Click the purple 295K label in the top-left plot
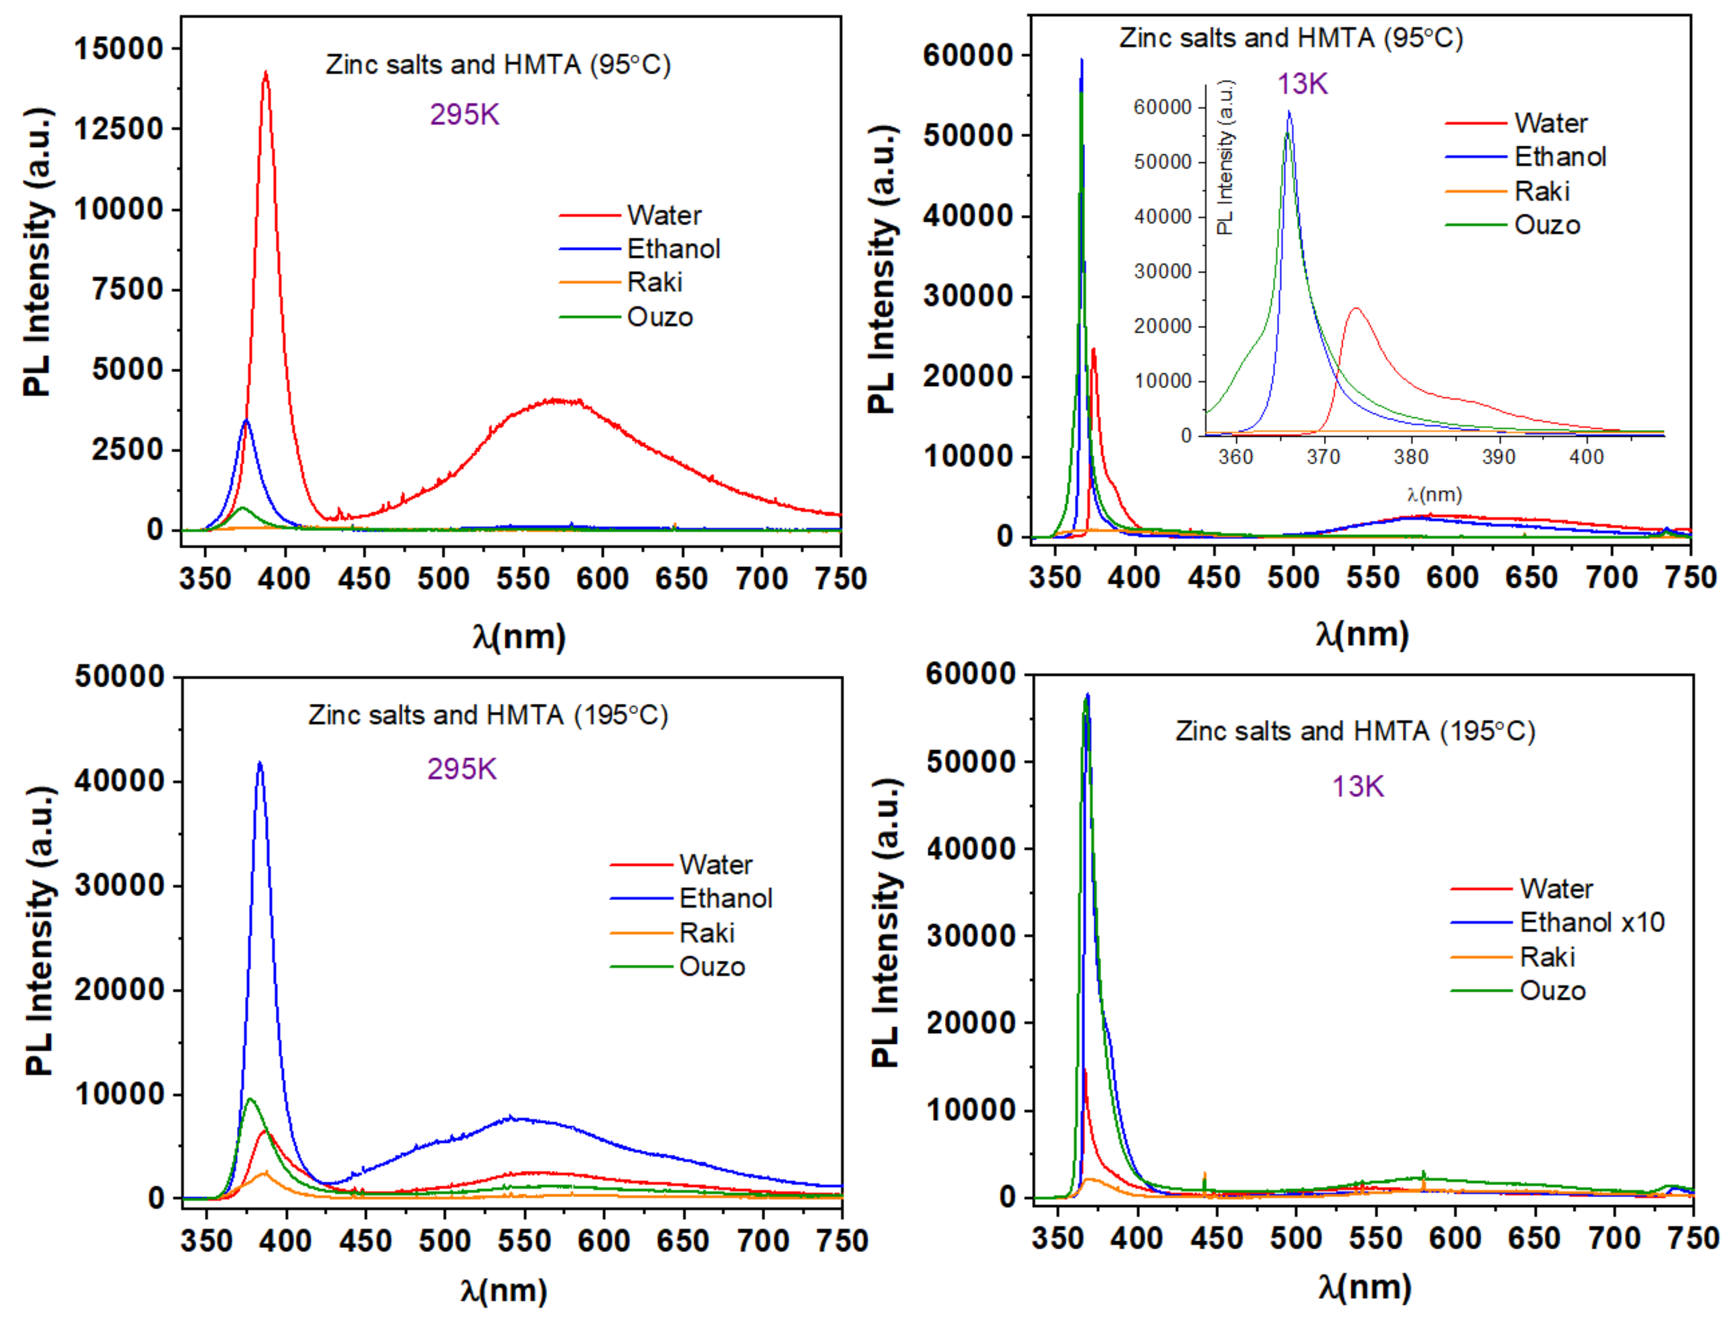tap(464, 115)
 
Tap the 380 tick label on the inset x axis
tap(1410, 457)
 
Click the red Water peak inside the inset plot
tap(1356, 309)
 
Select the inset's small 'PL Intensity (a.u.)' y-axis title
tap(1224, 158)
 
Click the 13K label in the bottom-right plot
tap(1358, 786)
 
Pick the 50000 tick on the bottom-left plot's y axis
tap(120, 677)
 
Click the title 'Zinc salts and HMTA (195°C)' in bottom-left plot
tap(488, 716)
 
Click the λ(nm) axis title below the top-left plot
tap(519, 637)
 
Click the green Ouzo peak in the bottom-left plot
tap(251, 1100)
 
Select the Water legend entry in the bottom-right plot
tap(1555, 889)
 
